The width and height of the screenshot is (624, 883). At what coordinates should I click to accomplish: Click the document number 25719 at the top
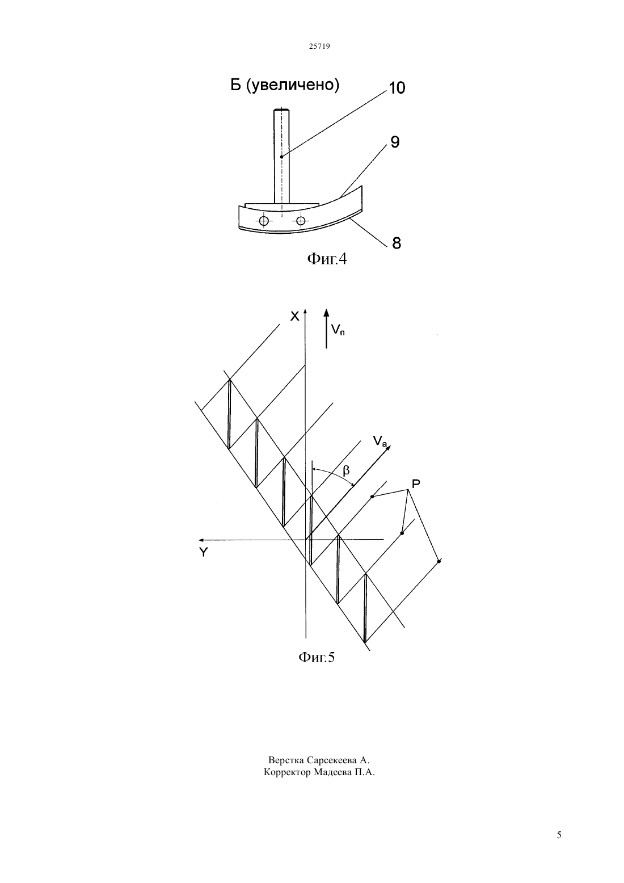click(x=319, y=46)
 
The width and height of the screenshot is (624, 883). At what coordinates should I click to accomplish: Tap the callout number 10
click(x=397, y=88)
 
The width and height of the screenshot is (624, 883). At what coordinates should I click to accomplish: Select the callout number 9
click(x=395, y=142)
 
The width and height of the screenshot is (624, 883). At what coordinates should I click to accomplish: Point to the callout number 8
click(x=397, y=243)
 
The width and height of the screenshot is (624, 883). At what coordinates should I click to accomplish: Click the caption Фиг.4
click(x=327, y=259)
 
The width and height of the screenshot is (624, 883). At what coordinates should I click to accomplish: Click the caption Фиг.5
click(x=317, y=657)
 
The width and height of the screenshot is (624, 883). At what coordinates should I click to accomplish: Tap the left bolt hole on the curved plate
click(x=264, y=221)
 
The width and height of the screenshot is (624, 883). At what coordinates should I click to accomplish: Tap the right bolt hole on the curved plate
click(x=301, y=220)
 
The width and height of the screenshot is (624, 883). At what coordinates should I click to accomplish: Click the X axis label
click(x=294, y=316)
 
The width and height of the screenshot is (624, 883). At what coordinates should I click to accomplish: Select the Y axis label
click(x=203, y=553)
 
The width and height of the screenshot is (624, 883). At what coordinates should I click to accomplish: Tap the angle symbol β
click(x=346, y=470)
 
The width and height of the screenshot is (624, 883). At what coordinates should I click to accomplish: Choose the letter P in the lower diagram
click(x=416, y=483)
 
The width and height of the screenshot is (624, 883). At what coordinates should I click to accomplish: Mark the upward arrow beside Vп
click(x=326, y=328)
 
